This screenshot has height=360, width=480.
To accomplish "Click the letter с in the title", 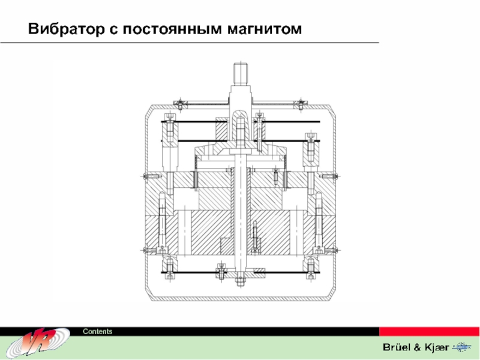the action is point(112,29).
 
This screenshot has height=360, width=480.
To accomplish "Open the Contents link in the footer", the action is point(97,332).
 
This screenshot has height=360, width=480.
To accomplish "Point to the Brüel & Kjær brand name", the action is point(415,347).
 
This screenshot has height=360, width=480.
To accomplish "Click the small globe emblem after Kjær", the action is point(463,347).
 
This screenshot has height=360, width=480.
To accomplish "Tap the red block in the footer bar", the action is point(429,332).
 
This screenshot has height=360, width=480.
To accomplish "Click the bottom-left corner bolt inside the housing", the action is point(169,264).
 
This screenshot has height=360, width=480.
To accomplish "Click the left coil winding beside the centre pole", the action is point(195,179).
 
